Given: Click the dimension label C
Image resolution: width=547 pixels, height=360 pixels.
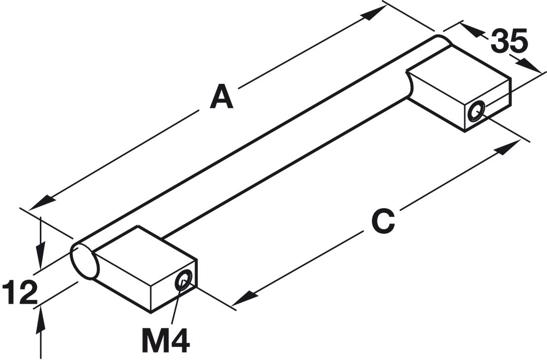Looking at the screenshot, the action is click(383, 221).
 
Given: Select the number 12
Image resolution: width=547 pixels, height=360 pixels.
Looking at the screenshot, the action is click(20, 291).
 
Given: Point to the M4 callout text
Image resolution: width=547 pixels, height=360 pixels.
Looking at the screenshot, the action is click(166, 341).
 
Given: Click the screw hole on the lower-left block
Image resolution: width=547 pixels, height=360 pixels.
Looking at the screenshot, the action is click(183, 280).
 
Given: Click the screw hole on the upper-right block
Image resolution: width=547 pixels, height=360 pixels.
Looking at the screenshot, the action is click(476, 112).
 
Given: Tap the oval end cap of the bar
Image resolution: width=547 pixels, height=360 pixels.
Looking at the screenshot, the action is click(85, 261).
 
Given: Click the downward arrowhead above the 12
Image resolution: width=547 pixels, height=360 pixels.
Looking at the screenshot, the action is click(41, 254).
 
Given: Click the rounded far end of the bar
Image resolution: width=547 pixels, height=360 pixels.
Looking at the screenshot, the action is click(443, 39).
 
